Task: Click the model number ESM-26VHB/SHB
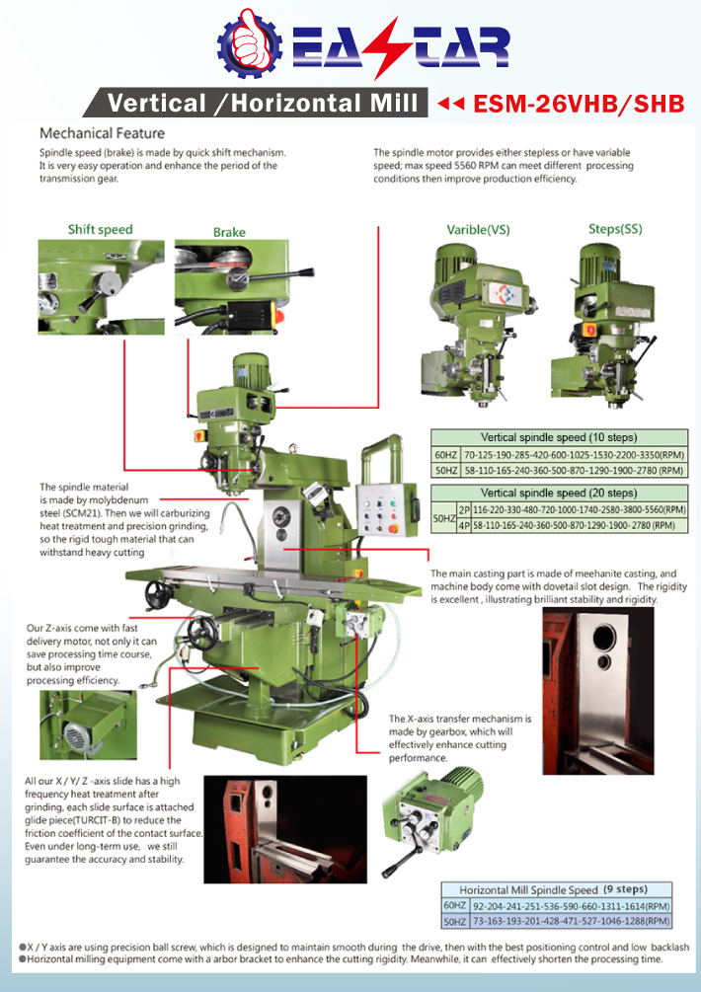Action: (x=579, y=104)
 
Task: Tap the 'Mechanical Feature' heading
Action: (x=102, y=132)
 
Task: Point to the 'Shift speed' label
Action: (x=100, y=229)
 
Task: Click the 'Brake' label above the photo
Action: (x=229, y=232)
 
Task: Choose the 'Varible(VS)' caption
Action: (x=479, y=229)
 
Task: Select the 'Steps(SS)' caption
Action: (x=615, y=229)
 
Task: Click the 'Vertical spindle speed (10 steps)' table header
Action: (x=558, y=436)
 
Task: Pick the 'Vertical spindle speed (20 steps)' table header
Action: (x=558, y=493)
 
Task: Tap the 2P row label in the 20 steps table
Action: (x=464, y=508)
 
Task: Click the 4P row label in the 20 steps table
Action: (x=464, y=525)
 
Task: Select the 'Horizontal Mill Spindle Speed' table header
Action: (x=556, y=888)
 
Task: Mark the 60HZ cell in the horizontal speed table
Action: (x=455, y=905)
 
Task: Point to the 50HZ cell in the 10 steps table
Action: (x=444, y=471)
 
